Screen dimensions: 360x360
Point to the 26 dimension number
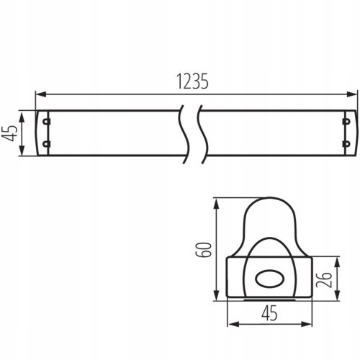pyautogui.click(x=325, y=278)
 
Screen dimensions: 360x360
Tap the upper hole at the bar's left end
pyautogui.click(x=46, y=121)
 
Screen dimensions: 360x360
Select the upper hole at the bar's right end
pyautogui.click(x=347, y=121)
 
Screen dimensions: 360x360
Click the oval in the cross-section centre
pyautogui.click(x=268, y=277)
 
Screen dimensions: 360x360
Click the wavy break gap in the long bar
pyautogui.click(x=189, y=132)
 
